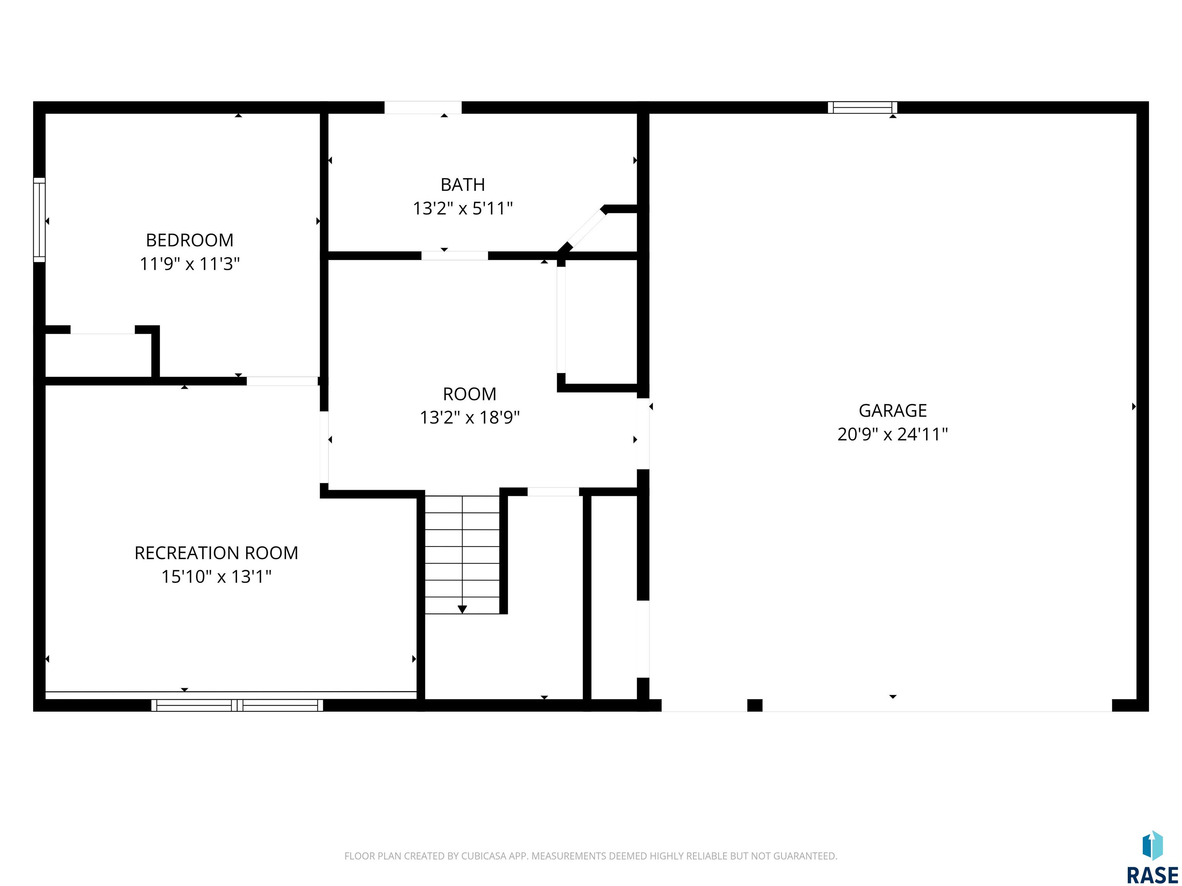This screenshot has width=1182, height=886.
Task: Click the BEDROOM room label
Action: point(190,240)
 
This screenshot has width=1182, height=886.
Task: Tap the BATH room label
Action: point(463,185)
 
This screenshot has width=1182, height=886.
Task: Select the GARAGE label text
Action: point(892,411)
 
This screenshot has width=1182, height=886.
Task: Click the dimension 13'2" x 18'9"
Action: point(470,417)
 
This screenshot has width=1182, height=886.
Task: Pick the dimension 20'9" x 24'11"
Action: point(892,434)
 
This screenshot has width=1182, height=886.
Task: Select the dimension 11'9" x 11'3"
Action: point(190,264)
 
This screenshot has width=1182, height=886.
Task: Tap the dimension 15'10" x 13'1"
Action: point(216,577)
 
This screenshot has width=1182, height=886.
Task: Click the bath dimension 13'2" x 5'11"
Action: point(463,208)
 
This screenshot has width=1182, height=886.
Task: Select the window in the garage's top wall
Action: point(863,107)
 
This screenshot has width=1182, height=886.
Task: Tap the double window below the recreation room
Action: point(237,705)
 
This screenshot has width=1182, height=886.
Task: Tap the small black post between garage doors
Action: point(755,705)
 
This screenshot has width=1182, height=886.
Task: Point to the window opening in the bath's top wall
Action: point(423,107)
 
